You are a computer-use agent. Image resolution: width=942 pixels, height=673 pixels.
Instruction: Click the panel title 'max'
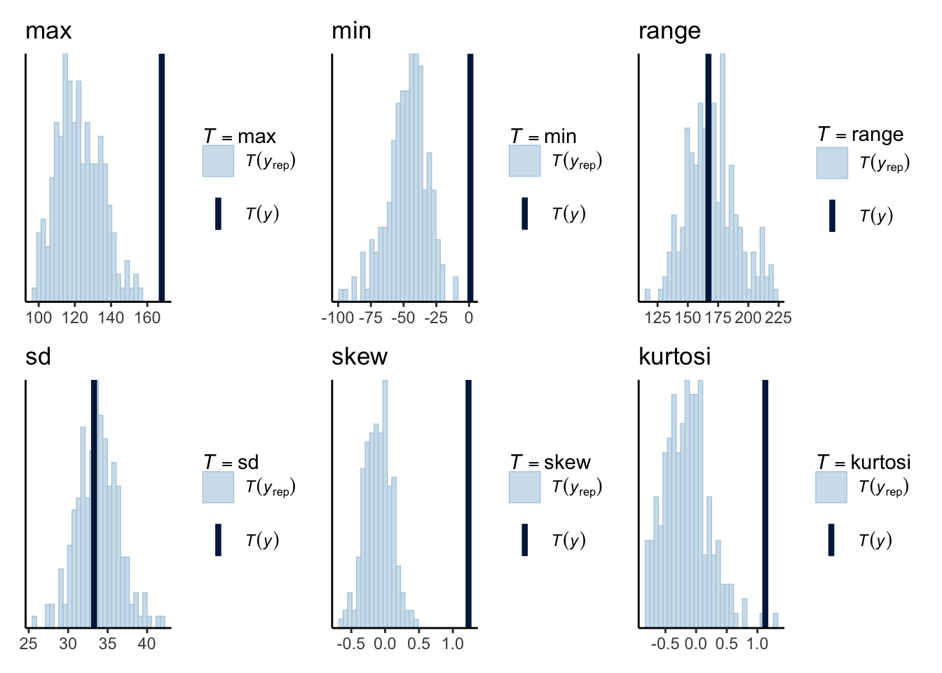click(48, 31)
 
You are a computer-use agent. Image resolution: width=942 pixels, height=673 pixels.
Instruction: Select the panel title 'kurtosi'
click(674, 357)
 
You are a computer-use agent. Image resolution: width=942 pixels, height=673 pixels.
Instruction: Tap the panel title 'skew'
click(359, 357)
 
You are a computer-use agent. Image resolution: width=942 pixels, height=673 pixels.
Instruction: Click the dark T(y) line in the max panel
click(161, 175)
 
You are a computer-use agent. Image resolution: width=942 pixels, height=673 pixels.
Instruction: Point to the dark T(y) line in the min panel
click(470, 175)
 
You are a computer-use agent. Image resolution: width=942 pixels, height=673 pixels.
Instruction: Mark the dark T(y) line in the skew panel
click(468, 502)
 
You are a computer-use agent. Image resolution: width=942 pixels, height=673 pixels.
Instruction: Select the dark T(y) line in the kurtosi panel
click(765, 502)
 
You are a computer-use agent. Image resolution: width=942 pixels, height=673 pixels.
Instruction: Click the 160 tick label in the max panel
click(147, 318)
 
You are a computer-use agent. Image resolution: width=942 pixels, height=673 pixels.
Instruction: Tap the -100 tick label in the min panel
click(338, 318)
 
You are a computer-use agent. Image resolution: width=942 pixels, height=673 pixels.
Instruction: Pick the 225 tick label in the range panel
click(778, 318)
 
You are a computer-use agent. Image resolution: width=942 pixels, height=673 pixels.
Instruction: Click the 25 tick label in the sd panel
click(29, 644)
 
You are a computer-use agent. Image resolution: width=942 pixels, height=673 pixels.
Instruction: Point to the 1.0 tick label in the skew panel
click(453, 644)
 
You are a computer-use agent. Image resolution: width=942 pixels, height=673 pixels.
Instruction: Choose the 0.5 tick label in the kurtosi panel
click(727, 644)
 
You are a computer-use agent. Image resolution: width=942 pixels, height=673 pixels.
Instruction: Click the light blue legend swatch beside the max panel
click(218, 161)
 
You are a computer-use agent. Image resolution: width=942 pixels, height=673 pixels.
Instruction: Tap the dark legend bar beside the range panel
click(832, 215)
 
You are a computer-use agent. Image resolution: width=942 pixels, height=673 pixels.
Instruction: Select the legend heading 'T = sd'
click(231, 463)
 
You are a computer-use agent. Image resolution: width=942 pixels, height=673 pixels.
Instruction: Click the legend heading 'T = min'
click(543, 136)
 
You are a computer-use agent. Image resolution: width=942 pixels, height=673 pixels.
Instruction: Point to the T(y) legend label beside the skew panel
click(568, 540)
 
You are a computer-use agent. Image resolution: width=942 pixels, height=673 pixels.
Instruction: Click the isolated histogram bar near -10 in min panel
click(456, 289)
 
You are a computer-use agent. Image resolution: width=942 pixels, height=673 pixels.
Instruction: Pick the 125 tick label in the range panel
click(657, 318)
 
